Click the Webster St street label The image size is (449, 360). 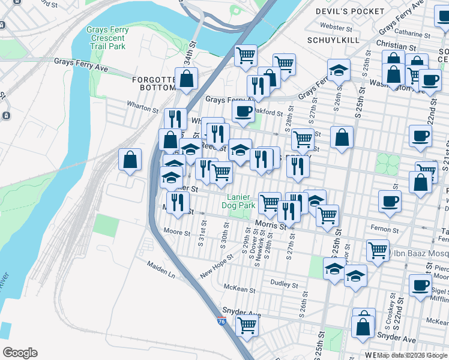[336, 26]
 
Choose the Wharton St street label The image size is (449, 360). [142, 104]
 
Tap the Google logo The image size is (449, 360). [20, 353]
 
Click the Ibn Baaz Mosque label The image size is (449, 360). [419, 253]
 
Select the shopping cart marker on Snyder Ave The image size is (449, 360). [247, 325]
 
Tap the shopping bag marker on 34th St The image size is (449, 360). [187, 78]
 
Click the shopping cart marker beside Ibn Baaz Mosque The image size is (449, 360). [378, 249]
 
